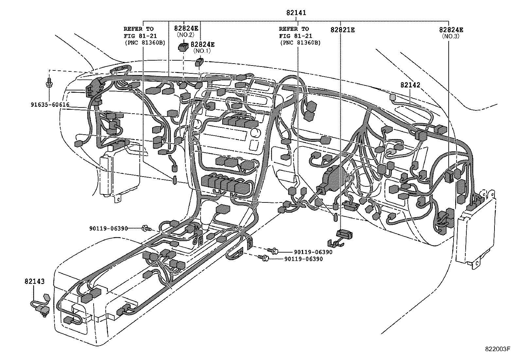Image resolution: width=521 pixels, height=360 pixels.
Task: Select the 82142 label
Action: point(410,85)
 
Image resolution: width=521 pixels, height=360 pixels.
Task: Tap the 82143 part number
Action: point(34,281)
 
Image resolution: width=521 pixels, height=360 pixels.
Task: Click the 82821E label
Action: point(342,30)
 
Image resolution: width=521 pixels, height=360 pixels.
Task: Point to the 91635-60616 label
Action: point(50,105)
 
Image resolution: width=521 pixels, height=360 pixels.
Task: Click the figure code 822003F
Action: point(497,349)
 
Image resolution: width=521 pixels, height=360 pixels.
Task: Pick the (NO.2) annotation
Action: point(186,34)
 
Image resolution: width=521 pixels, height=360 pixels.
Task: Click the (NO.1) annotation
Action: point(202,51)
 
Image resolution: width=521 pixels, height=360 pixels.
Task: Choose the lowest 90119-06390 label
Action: point(303,259)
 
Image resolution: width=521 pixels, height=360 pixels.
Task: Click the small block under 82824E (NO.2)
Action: point(183,47)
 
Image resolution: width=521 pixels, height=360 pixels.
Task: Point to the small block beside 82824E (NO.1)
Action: point(199,62)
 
